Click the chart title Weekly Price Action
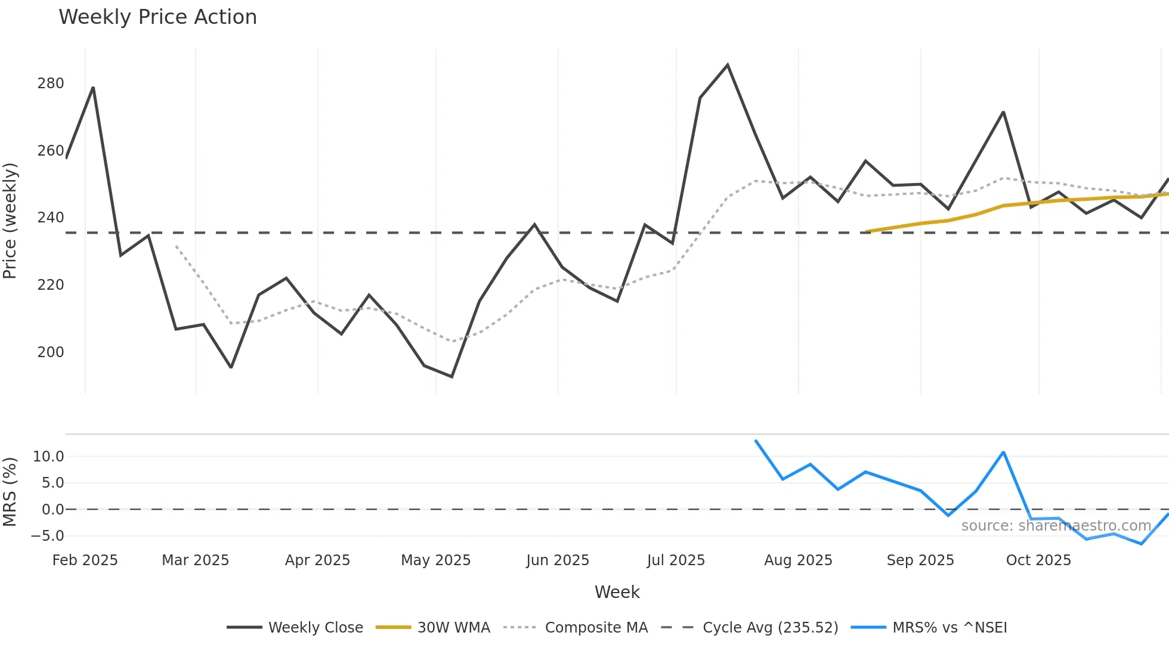pyautogui.click(x=157, y=17)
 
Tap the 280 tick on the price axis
pyautogui.click(x=51, y=83)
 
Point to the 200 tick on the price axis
pyautogui.click(x=51, y=352)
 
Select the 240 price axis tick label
pyautogui.click(x=51, y=218)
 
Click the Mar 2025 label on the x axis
pyautogui.click(x=195, y=560)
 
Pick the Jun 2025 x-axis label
pyautogui.click(x=557, y=560)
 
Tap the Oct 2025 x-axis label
pyautogui.click(x=1038, y=560)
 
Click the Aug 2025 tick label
pyautogui.click(x=798, y=560)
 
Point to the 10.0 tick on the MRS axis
pyautogui.click(x=48, y=457)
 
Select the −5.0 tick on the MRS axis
pyautogui.click(x=47, y=536)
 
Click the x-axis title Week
pyautogui.click(x=617, y=592)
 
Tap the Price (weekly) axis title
pyautogui.click(x=10, y=221)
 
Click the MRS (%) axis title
pyautogui.click(x=10, y=492)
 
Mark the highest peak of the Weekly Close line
pyautogui.click(x=728, y=65)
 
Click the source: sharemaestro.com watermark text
pyautogui.click(x=1056, y=526)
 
